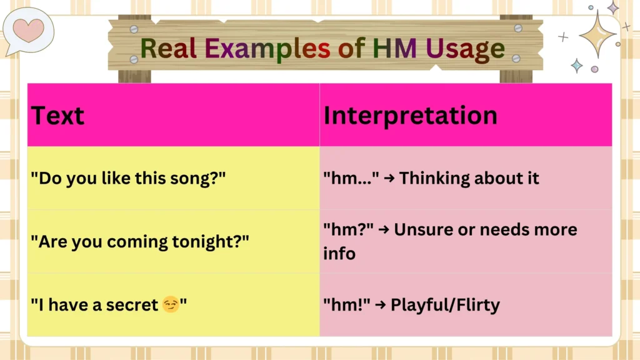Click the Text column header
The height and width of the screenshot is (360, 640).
click(57, 116)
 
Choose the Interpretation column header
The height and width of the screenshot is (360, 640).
click(410, 116)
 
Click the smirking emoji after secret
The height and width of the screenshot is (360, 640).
click(169, 305)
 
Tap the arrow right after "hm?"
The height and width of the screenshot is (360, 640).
click(384, 229)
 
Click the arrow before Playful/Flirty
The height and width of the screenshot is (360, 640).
click(381, 305)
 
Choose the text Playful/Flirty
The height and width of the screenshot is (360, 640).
click(445, 305)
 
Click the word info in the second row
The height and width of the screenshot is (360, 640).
click(339, 254)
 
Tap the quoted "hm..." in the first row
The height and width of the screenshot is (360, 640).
click(351, 178)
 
